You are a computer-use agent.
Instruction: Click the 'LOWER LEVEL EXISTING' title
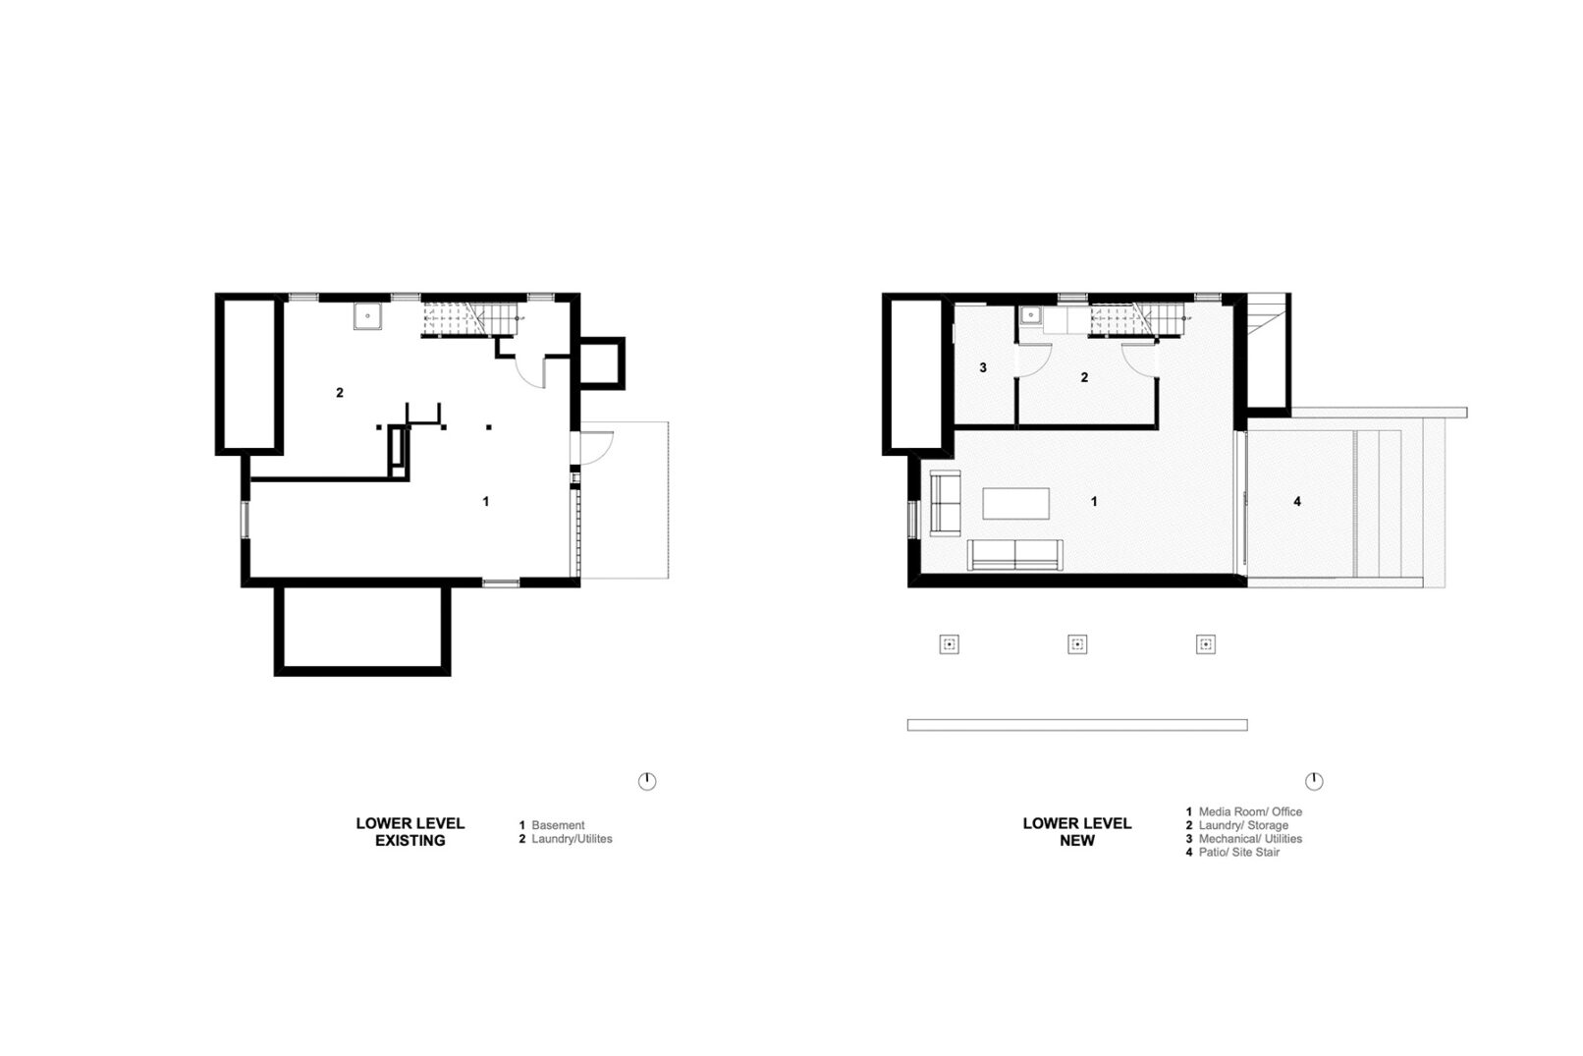pos(409,832)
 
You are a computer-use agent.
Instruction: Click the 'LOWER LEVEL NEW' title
pos(1077,832)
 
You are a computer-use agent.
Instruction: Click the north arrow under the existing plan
pos(646,781)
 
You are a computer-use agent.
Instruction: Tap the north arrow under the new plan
pos(1314,781)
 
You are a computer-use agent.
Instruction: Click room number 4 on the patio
pos(1297,501)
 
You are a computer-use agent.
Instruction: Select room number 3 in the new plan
pos(982,367)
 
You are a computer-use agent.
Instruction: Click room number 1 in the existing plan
pos(485,501)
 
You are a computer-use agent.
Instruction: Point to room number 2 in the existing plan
pos(340,392)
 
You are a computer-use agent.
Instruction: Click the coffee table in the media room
pos(1015,503)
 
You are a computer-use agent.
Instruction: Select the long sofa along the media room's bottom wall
pos(1014,554)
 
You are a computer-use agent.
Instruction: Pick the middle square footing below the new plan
pos(1077,644)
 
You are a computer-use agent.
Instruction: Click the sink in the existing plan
pos(367,316)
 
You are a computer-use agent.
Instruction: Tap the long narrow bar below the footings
pos(1077,725)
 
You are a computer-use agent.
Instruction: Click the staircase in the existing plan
pos(470,319)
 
